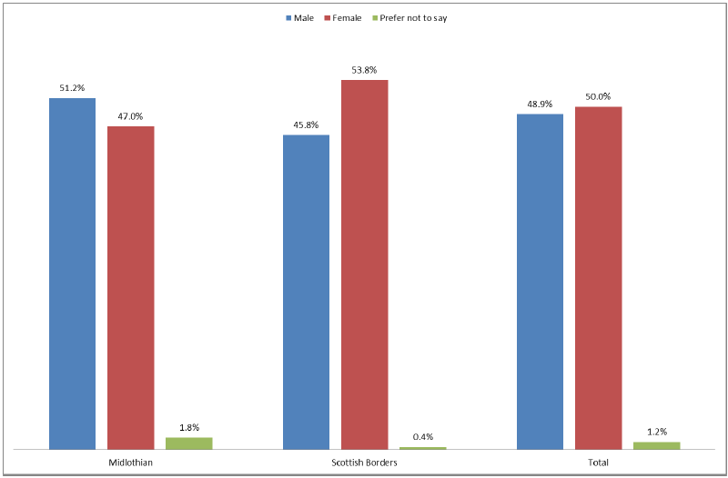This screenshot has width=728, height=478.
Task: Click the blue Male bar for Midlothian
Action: (x=72, y=273)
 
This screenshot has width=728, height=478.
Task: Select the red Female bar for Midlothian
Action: (x=130, y=287)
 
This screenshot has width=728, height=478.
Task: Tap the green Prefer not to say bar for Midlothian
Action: (x=188, y=443)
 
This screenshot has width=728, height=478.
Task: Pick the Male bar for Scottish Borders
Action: (x=306, y=292)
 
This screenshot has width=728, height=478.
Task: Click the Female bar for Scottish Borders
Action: (x=364, y=264)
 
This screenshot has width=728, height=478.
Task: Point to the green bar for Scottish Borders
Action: (x=422, y=448)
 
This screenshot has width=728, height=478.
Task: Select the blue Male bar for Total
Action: (x=540, y=281)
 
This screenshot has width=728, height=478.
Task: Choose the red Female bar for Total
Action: (x=598, y=277)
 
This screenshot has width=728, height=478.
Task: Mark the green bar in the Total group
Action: (x=656, y=445)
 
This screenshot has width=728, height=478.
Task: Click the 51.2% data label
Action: (x=72, y=88)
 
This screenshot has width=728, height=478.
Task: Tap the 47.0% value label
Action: (x=130, y=116)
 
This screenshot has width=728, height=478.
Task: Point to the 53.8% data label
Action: (x=364, y=70)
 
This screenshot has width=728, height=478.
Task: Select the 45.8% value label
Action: (x=306, y=125)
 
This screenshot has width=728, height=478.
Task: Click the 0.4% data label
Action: (x=422, y=437)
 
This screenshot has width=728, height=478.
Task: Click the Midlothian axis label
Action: (x=130, y=463)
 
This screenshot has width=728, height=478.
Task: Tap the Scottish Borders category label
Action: (x=364, y=463)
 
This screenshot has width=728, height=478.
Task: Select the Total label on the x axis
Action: (x=598, y=463)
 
